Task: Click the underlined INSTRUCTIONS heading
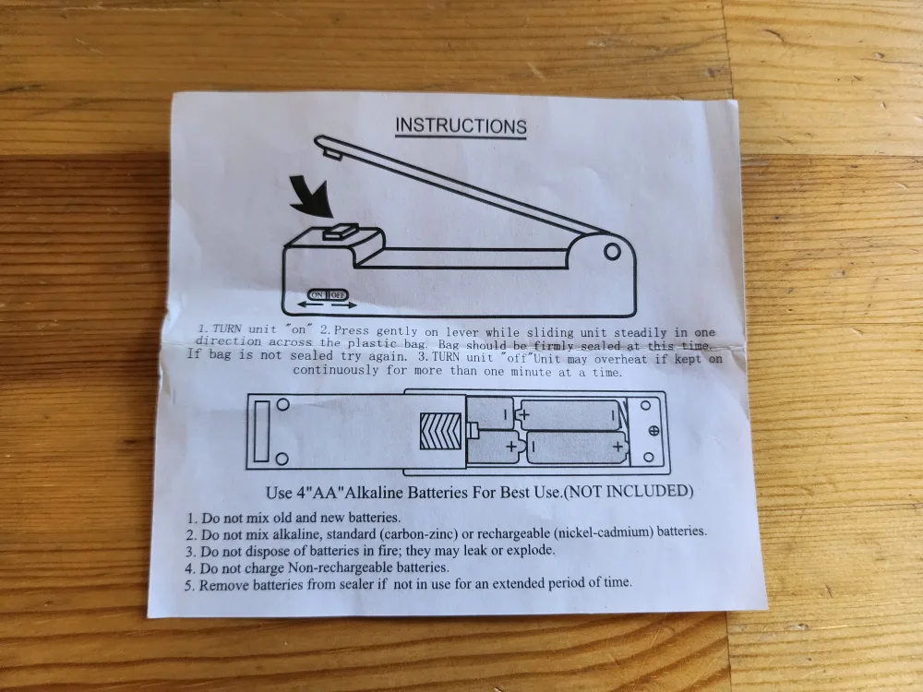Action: (461, 126)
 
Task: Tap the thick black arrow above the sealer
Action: (304, 196)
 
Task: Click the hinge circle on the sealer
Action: (610, 250)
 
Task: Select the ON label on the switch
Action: (318, 294)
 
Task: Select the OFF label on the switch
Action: (339, 294)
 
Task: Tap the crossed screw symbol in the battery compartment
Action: (653, 430)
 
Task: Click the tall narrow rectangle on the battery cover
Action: (261, 430)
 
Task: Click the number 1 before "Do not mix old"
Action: (191, 518)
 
